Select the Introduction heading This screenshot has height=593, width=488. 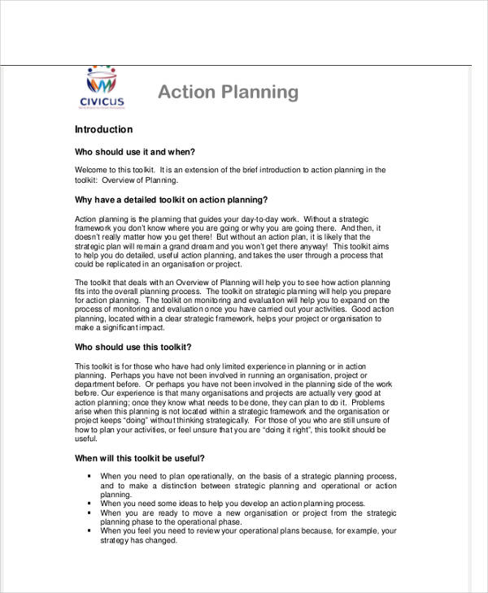[103, 130]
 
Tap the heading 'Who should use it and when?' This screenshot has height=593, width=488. [135, 152]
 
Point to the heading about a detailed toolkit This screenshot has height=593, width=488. [171, 200]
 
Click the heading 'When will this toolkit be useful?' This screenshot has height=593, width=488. [139, 458]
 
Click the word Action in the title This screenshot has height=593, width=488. [184, 92]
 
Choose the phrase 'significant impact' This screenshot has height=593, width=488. [130, 328]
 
